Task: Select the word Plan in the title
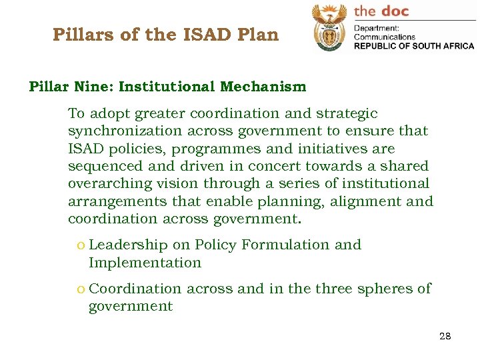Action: tap(259, 35)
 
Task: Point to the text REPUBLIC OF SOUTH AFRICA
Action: tap(413, 46)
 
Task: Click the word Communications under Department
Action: tap(385, 37)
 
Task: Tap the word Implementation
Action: tap(145, 263)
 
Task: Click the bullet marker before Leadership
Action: tap(81, 245)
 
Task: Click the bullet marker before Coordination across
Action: tap(81, 289)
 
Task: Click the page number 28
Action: tap(445, 336)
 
